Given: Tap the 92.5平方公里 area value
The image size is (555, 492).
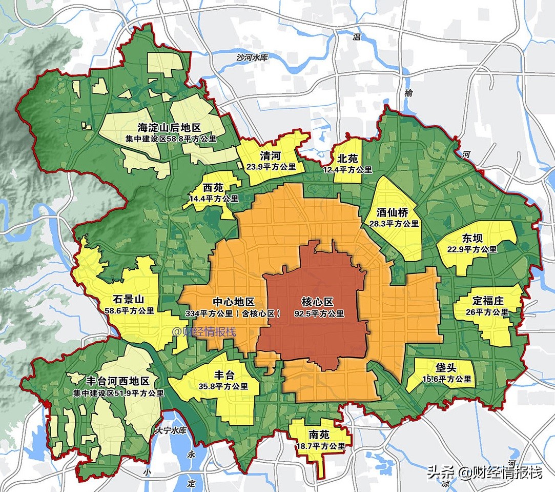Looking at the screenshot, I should point(319,313).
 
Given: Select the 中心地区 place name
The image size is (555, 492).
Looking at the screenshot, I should point(233,302).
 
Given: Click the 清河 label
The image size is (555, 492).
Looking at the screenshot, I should point(271,156).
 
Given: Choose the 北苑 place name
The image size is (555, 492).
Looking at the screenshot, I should point(347,159).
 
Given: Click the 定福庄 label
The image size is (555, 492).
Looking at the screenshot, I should point(487,301).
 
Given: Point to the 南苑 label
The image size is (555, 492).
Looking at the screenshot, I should point(320,435).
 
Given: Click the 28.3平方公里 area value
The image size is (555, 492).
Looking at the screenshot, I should point(394,224).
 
